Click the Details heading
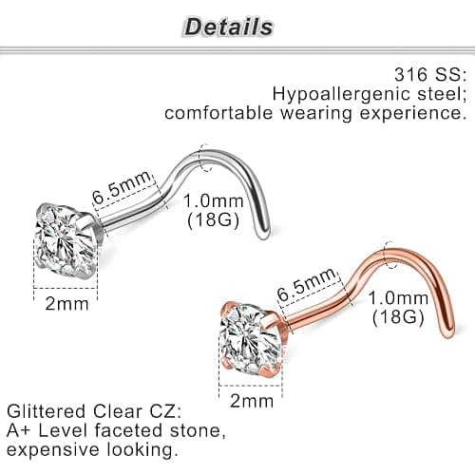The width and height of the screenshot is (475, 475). point(229,27)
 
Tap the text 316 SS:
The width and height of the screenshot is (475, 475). point(430,74)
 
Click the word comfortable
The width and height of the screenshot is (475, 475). point(218,112)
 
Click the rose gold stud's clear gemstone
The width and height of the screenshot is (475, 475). point(249,338)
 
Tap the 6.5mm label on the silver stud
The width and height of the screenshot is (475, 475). point(122,187)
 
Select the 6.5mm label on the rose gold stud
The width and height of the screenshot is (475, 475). point(307,284)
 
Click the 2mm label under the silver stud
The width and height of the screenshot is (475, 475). point(66,304)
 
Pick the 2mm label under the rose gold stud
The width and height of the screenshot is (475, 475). point(252,401)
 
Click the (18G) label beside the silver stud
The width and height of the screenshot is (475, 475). point(213,219)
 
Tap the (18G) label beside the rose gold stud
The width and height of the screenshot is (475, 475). point(398,316)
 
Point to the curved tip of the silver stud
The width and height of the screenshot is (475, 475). point(264,234)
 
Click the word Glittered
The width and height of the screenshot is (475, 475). point(47,411)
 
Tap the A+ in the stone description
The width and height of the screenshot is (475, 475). point(19,430)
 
